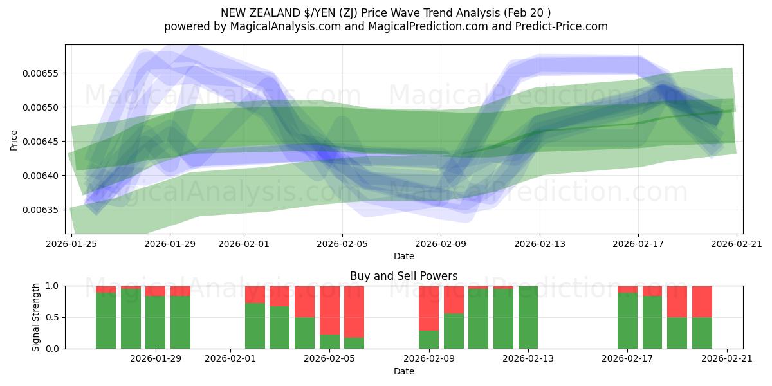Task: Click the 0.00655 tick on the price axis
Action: [41, 73]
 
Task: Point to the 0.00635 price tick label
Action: [41, 210]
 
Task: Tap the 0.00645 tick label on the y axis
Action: [41, 142]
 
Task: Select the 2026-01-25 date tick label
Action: [71, 244]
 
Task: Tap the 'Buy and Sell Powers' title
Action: [403, 276]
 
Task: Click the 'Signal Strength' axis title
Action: [36, 317]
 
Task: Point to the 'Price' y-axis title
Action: [14, 140]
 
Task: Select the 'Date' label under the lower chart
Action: [403, 371]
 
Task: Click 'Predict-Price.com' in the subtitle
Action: [562, 26]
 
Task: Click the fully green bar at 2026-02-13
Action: [528, 317]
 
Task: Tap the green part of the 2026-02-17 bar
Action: [627, 321]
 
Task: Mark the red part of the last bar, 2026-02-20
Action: [702, 301]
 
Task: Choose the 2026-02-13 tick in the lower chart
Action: [528, 358]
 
